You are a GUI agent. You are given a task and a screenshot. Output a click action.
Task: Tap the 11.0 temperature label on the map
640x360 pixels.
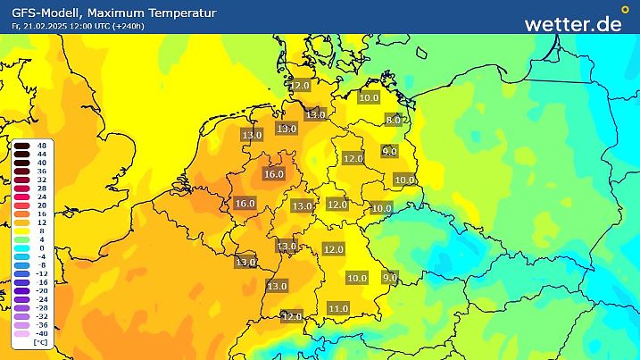tap(338, 308)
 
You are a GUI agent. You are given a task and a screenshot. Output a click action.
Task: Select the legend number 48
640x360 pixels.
tap(41, 145)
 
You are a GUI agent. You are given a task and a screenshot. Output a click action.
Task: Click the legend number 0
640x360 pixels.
tap(41, 247)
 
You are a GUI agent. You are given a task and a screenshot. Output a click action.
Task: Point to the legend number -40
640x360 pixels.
tap(41, 332)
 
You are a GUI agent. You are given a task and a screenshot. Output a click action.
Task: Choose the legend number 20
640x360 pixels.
tap(41, 205)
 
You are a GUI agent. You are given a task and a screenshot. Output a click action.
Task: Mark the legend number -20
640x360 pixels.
tap(41, 290)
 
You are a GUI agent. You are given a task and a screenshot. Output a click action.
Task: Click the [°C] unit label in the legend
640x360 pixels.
tap(40, 342)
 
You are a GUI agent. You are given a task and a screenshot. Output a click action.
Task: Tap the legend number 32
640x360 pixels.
tap(41, 179)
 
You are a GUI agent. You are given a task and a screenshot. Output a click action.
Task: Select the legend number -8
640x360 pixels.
tap(41, 264)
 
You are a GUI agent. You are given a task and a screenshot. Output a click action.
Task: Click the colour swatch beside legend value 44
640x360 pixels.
tap(21, 154)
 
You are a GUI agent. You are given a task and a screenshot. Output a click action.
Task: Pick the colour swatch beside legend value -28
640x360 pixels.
tap(21, 307)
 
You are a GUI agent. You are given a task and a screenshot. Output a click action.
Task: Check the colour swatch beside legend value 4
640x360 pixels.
tap(21, 239)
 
